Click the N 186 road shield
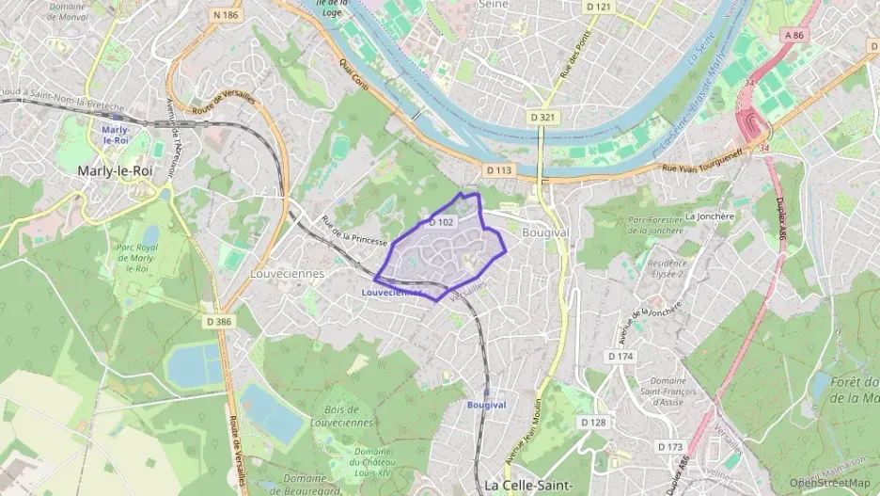tap(226, 15)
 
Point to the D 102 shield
tap(441, 223)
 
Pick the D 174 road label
tap(621, 357)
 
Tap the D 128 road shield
tap(593, 423)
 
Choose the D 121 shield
tap(598, 8)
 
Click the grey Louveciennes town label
tap(287, 274)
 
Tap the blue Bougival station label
tap(486, 405)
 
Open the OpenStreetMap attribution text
tap(829, 483)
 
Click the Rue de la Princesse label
tap(354, 232)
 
